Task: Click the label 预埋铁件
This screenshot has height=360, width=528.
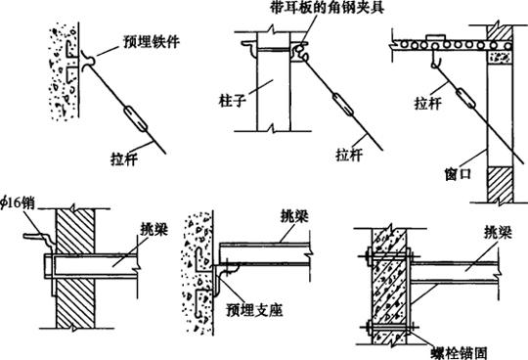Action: pos(152,41)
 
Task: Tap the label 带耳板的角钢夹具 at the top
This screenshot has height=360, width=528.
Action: pos(327,7)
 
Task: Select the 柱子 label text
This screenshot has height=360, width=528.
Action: pos(233,101)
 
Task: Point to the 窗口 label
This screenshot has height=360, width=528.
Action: pos(458,174)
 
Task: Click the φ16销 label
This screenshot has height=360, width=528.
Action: pos(19,202)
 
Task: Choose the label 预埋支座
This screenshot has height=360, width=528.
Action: pos(254,310)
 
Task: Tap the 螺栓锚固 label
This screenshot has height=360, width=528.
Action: pos(460,353)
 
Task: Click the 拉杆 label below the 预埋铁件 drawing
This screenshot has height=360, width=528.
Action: pos(124,158)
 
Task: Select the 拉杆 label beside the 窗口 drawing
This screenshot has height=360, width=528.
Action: pos(427,103)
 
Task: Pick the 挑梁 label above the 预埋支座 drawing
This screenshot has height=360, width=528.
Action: pos(295,216)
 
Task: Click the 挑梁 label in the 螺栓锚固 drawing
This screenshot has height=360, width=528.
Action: pos(498,233)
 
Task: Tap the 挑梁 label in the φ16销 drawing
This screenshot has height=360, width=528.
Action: pos(154,229)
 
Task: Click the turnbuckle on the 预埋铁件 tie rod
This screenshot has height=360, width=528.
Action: pos(136,119)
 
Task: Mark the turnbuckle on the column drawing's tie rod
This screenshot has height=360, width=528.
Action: pos(343,104)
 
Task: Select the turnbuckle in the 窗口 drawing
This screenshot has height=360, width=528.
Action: pos(465,98)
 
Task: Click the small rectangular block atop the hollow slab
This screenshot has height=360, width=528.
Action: pos(437,37)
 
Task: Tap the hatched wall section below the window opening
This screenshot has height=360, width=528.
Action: pos(500,185)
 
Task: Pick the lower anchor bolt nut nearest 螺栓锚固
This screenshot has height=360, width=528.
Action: pos(411,327)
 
